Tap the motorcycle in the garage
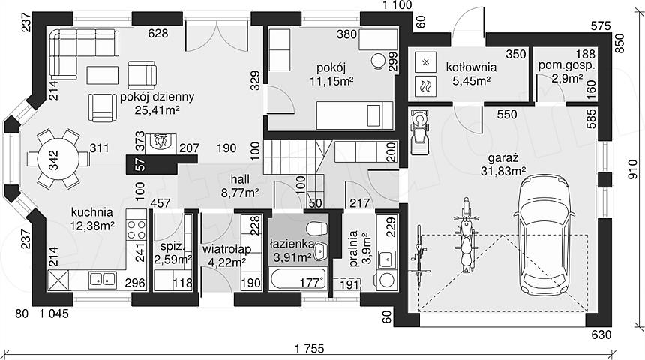coord(466,235)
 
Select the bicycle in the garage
coord(419,256)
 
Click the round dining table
coord(58,159)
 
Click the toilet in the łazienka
coord(316,227)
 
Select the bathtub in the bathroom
coord(298,278)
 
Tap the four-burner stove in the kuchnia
coord(136,229)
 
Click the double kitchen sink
coord(103,278)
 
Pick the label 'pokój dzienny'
coord(157,97)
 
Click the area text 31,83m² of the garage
coord(503,171)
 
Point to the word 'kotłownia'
coord(472,67)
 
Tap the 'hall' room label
coord(240,179)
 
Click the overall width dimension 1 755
coord(309,348)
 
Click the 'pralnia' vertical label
coord(353,248)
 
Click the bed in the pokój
coord(354,115)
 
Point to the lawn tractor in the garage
coord(419,132)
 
